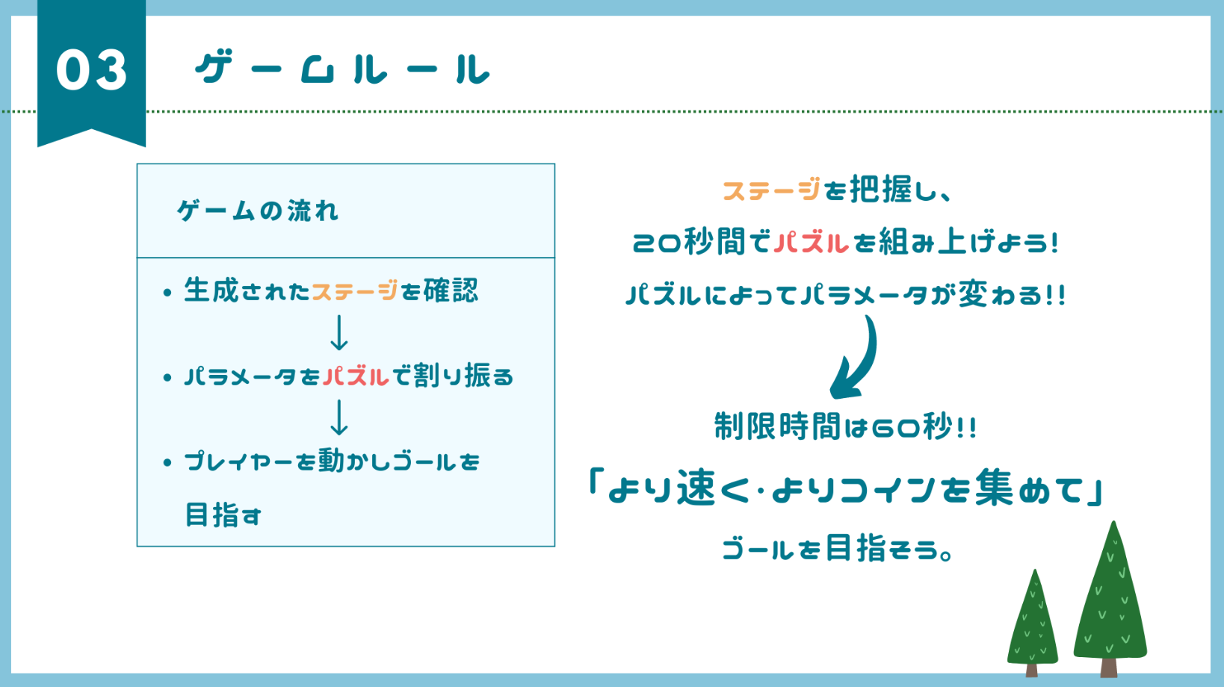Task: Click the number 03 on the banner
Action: point(91,70)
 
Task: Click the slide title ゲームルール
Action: point(342,69)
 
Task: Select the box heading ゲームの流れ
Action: point(258,211)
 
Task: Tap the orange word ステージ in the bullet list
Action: point(354,290)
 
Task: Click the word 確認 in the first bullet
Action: point(451,290)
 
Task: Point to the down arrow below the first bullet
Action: point(339,333)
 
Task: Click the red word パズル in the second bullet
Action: point(356,376)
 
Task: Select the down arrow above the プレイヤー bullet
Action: point(339,417)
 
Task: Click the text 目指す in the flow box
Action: point(223,515)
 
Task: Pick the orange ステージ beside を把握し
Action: point(771,190)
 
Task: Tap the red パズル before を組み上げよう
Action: point(811,243)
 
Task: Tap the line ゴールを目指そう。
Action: point(837,550)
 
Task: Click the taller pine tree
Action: point(1110,597)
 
